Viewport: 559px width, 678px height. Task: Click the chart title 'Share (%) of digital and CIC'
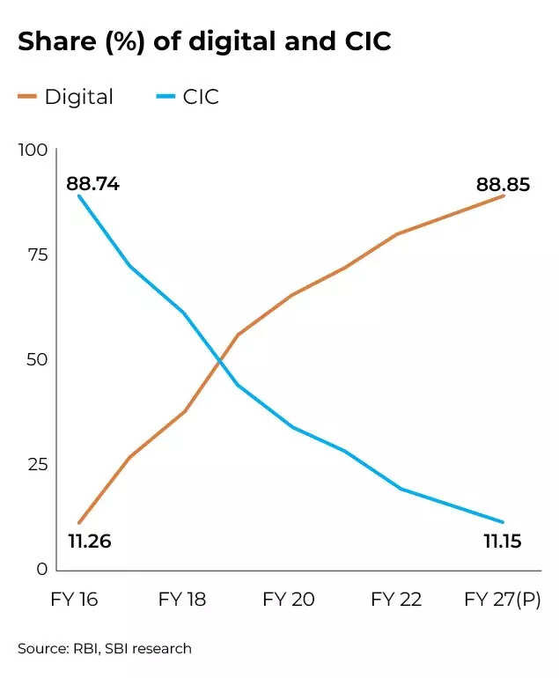coord(204,42)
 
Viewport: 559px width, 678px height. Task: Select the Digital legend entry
coord(66,97)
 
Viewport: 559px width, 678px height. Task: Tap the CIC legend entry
coord(187,97)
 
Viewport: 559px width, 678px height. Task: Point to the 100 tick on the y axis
coord(33,151)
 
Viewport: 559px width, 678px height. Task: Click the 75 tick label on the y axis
coord(36,255)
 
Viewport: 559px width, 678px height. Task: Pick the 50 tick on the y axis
coord(36,359)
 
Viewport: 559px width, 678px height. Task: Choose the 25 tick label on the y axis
coord(36,464)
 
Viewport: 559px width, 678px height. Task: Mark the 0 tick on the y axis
coord(40,569)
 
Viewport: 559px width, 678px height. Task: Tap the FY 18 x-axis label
coord(182,600)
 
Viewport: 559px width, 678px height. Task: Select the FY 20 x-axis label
coord(288,600)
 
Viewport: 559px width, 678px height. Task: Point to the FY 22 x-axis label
coord(396,600)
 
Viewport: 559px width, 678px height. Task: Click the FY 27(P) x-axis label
coord(503,600)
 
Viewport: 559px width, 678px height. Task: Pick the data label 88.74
coord(92,185)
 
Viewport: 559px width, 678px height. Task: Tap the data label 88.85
coord(504,185)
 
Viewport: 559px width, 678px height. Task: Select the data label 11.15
coord(503,541)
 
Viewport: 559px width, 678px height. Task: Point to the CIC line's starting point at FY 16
coord(78,195)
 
